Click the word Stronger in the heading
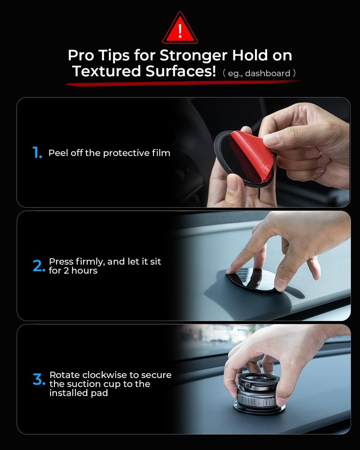click(193, 56)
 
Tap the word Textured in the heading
click(106, 71)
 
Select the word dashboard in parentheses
click(268, 73)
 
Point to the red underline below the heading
click(184, 83)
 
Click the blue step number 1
click(37, 152)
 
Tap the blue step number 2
click(39, 266)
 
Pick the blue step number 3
click(39, 380)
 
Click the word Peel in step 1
click(58, 153)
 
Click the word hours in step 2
click(84, 271)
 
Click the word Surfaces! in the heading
click(181, 71)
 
